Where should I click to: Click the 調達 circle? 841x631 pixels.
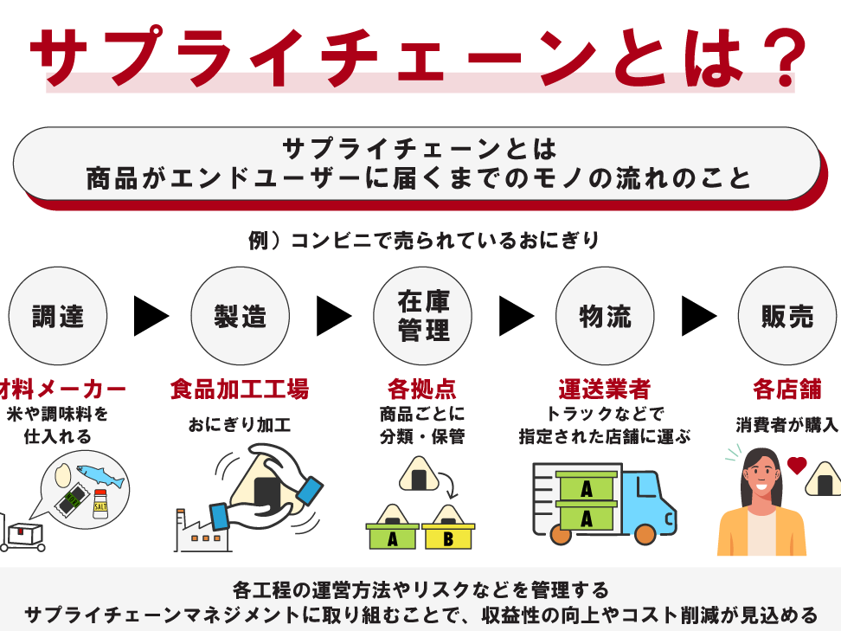tap(58, 316)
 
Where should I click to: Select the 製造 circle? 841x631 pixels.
tap(240, 316)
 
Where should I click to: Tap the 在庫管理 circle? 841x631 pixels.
tap(423, 316)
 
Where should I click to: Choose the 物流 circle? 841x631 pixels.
tap(606, 316)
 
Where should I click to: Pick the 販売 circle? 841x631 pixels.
tap(786, 316)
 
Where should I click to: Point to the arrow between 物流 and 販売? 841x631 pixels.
tap(698, 316)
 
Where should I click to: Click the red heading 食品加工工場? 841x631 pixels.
tap(240, 389)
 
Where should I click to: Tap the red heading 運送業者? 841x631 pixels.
tap(605, 389)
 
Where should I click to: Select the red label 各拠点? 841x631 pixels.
tap(422, 389)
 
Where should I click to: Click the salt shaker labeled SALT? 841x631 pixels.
tap(100, 503)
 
